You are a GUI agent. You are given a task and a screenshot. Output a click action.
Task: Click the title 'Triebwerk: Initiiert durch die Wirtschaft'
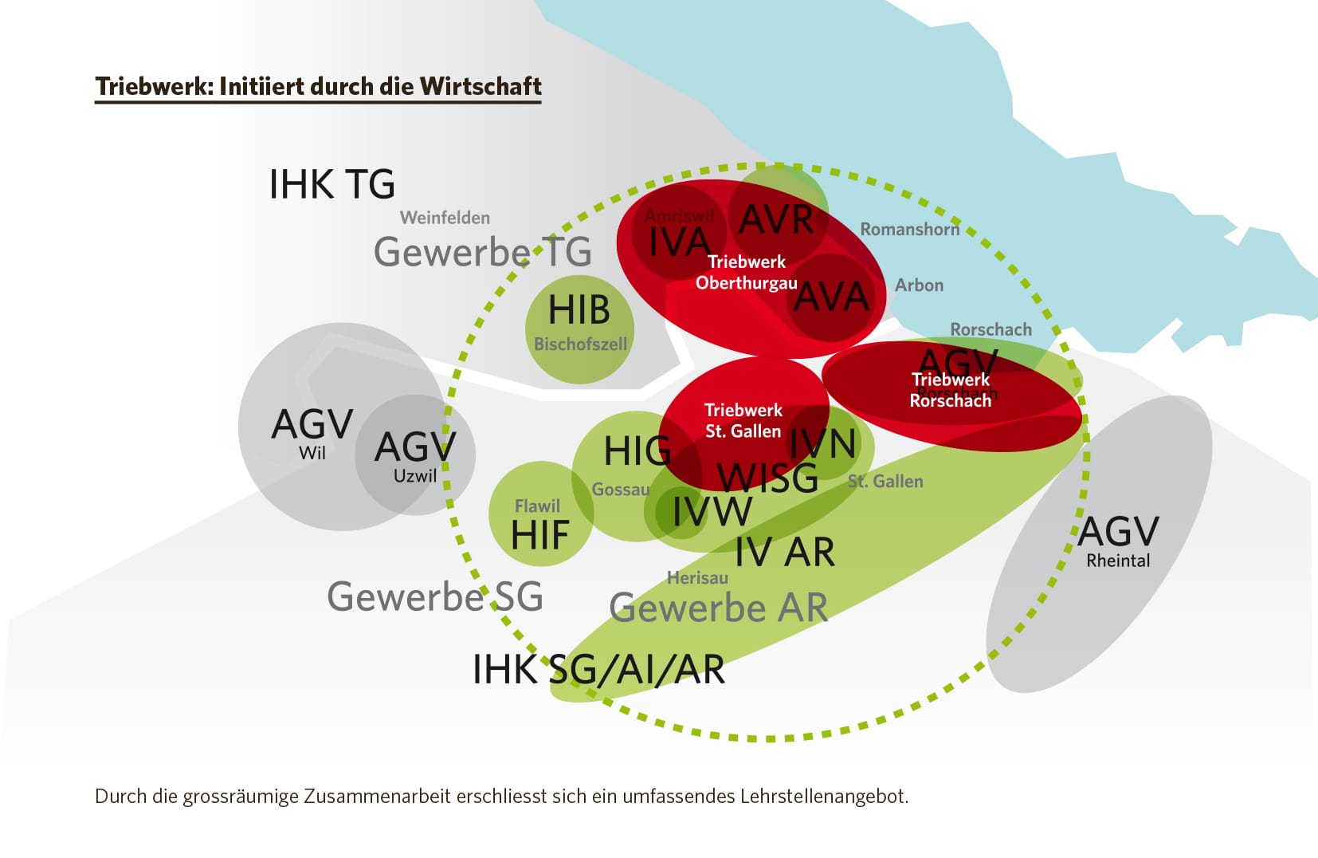pos(318,86)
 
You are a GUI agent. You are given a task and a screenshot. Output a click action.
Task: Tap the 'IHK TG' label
pos(331,185)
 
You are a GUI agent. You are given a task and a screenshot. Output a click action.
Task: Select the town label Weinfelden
pos(445,218)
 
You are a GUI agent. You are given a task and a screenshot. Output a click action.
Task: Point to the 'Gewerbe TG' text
pos(482,253)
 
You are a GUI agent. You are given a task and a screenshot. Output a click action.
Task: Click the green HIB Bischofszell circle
pos(579,329)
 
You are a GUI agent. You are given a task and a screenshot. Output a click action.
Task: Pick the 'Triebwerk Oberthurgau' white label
pos(746,273)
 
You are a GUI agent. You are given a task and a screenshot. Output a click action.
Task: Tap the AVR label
pos(776,220)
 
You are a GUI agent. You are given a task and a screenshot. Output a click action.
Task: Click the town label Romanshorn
pos(909,230)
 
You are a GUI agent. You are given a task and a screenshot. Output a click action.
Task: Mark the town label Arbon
pos(919,285)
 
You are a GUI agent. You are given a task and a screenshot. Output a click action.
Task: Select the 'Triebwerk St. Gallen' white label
pos(743,421)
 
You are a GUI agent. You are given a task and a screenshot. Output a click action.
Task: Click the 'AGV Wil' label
pos(312,433)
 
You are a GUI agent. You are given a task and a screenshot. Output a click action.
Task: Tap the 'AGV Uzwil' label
pos(415,456)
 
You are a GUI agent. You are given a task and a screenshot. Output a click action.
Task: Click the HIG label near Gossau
pos(637,451)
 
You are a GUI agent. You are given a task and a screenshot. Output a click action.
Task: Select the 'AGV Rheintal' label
pos(1118,541)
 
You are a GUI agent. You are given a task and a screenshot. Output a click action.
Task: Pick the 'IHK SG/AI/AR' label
pos(598,670)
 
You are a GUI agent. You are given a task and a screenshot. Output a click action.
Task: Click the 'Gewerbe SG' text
pos(435,596)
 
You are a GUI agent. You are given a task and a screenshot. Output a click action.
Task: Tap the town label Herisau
pos(697,578)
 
